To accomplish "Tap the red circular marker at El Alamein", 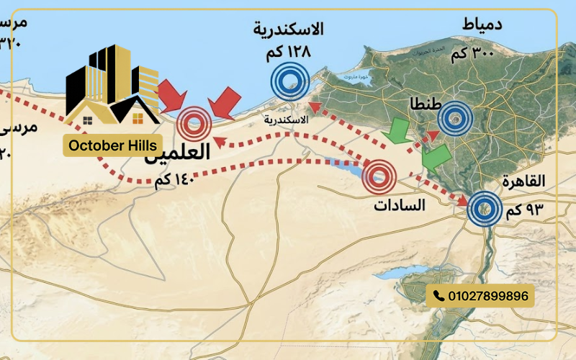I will pos(194,123).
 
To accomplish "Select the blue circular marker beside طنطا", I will pos(456,117).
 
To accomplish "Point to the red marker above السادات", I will pos(380,175).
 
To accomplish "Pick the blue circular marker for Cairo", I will pos(485,210).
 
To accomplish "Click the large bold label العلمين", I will pos(178,153).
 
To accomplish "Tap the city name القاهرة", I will pos(525,181).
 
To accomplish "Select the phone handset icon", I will pos(439,295).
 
